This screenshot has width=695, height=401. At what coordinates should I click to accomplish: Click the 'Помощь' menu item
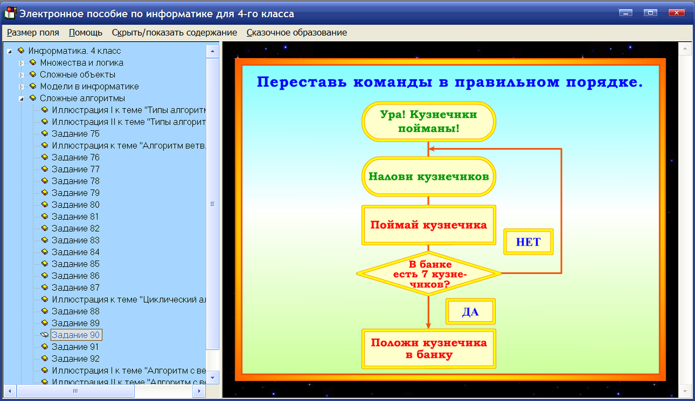(x=85, y=33)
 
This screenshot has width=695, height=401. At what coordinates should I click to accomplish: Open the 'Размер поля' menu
(x=33, y=33)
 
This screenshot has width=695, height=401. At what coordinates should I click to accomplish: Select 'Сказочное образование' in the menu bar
(x=296, y=33)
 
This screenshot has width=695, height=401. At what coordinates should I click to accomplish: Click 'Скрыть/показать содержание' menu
(x=174, y=33)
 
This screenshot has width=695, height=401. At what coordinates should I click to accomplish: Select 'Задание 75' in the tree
(x=75, y=133)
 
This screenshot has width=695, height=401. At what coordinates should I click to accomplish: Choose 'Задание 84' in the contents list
(x=75, y=252)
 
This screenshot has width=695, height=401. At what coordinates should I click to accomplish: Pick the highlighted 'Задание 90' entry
(x=76, y=335)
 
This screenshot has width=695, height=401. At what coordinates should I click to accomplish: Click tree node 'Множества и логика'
(x=81, y=63)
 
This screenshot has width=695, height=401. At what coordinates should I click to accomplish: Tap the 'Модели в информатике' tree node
(x=89, y=86)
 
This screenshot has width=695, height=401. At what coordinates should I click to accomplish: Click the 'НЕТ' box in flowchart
(x=528, y=242)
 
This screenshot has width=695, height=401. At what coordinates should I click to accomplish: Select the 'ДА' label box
(x=470, y=313)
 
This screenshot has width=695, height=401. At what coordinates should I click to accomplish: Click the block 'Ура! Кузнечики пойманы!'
(x=428, y=122)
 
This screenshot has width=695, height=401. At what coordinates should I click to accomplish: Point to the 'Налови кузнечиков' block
(x=428, y=176)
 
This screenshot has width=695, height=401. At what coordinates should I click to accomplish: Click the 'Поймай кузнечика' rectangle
(x=428, y=225)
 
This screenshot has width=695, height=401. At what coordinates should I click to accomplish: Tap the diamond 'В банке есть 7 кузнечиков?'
(x=428, y=273)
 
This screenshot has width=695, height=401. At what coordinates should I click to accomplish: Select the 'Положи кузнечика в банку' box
(x=428, y=348)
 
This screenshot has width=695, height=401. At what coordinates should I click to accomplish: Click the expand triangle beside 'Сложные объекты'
(x=22, y=75)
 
